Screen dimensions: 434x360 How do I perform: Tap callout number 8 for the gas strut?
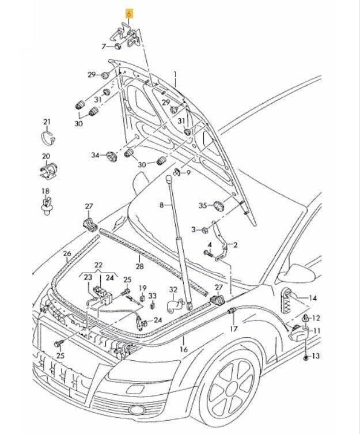(x=162, y=205)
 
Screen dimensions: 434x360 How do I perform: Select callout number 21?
(x=47, y=121)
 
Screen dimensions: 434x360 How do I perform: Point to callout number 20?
(x=46, y=156)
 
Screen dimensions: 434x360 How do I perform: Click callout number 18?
(x=45, y=191)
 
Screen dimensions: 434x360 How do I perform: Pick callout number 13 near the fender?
(x=316, y=357)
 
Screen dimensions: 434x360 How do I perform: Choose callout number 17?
(x=233, y=329)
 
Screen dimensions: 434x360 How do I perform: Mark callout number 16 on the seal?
(x=184, y=349)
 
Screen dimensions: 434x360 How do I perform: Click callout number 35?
(x=202, y=205)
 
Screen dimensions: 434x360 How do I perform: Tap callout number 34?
(x=96, y=155)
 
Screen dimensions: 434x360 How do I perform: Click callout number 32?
(x=173, y=289)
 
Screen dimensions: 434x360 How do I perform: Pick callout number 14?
(x=313, y=298)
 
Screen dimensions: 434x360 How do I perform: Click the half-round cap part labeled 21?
(x=48, y=138)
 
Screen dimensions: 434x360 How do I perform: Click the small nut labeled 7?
(x=117, y=46)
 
